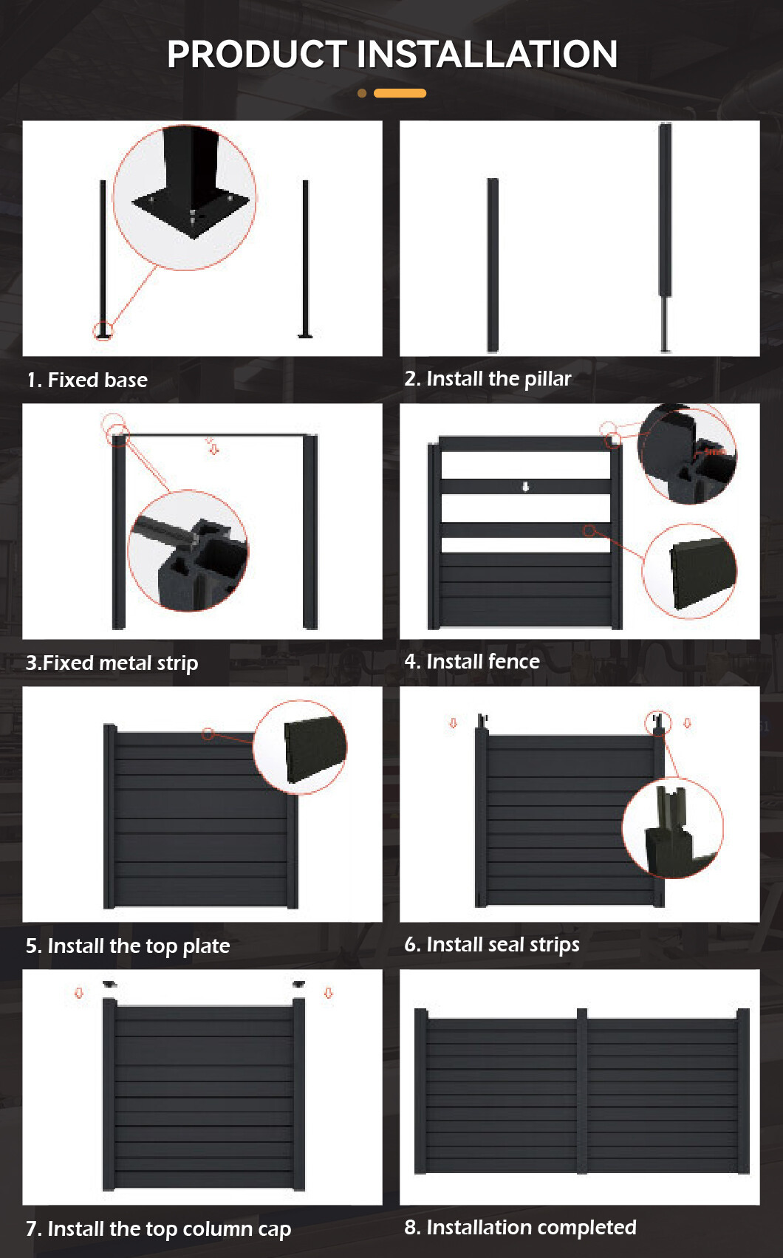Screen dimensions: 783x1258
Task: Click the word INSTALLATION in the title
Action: pos(487,55)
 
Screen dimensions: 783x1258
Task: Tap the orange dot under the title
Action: pos(362,93)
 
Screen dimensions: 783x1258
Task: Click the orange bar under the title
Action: pos(400,93)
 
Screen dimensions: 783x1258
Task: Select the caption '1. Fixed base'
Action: pos(87,380)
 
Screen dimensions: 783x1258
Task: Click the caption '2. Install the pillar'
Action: pos(488,379)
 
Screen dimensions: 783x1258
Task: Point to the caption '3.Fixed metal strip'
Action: pos(112,663)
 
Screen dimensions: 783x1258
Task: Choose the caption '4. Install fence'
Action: pos(472,662)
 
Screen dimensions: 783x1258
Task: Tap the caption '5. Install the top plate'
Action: pos(128,946)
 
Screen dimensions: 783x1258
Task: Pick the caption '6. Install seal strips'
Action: pos(491,945)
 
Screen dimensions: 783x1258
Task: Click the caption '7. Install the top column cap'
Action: pos(158,1229)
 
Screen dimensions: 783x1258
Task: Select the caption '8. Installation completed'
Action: pos(520,1228)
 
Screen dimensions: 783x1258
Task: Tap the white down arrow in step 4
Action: pos(526,487)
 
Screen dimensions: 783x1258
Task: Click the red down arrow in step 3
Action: pos(213,449)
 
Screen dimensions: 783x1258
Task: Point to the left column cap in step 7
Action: pos(109,984)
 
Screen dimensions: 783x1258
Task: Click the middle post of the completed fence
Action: pos(582,1090)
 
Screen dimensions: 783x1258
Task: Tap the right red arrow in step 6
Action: pos(687,722)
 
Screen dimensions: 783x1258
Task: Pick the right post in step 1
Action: pos(306,259)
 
